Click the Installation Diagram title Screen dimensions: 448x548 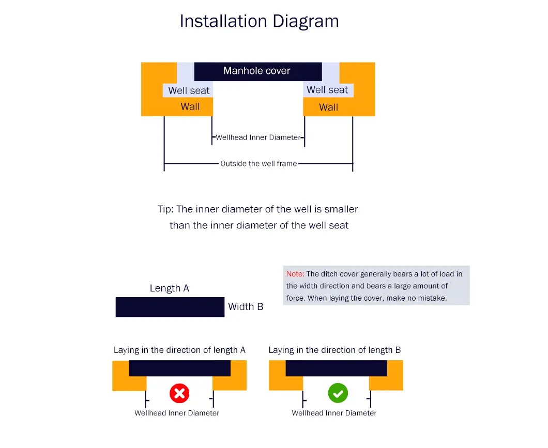tap(259, 21)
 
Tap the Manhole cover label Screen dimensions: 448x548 tap(257, 71)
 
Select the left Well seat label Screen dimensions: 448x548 tap(189, 90)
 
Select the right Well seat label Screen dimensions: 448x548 tap(327, 90)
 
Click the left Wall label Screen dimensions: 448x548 tap(190, 106)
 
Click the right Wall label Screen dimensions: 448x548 tap(328, 107)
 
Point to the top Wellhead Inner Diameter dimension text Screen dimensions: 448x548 tap(258, 137)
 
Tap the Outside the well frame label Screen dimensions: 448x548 tap(258, 163)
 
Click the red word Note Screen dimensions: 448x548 tap(295, 274)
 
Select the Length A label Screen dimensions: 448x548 tap(169, 288)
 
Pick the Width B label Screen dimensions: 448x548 tap(246, 306)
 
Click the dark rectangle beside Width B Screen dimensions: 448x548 tap(170, 307)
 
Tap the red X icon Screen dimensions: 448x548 tap(179, 394)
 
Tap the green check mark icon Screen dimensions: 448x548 tap(338, 394)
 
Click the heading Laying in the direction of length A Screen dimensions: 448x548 tap(179, 350)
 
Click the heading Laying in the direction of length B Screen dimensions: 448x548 tap(334, 350)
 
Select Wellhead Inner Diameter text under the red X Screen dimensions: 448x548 tap(177, 413)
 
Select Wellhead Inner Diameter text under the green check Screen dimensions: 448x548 tap(334, 413)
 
